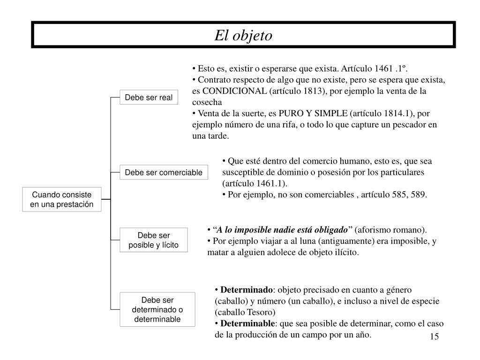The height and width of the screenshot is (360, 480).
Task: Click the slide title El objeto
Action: (243, 36)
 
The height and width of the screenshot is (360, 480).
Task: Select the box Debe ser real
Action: (149, 97)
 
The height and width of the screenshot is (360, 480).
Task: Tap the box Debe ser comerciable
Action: (163, 172)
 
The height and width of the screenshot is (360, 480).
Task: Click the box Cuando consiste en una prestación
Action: (61, 200)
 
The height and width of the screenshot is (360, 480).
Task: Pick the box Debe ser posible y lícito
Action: (153, 240)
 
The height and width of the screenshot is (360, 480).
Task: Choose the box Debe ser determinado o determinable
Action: (157, 309)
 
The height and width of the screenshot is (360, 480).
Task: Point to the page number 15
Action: (434, 337)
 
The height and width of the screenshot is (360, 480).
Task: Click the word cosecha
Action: (207, 102)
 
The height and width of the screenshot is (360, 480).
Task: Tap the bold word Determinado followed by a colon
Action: (246, 289)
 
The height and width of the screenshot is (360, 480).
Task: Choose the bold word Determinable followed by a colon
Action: (247, 323)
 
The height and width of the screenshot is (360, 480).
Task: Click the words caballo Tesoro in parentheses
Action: (245, 312)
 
